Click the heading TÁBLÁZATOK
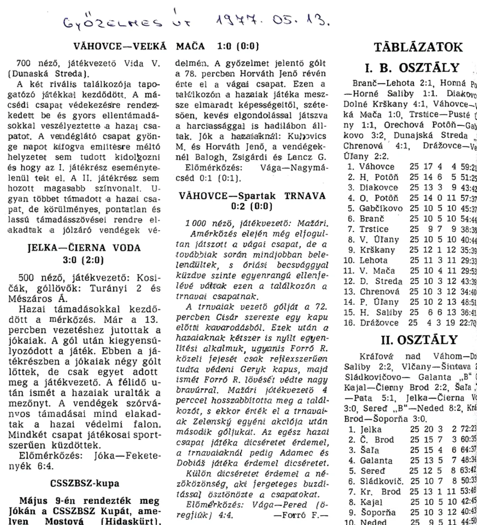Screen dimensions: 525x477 tap(418, 47)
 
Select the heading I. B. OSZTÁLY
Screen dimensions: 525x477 tap(412, 68)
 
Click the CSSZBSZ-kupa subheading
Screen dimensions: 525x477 tap(85, 483)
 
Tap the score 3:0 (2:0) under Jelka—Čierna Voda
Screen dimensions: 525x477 tap(83, 260)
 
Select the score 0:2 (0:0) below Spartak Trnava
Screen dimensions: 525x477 tap(251, 206)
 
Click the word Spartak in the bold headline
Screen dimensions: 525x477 tap(257, 196)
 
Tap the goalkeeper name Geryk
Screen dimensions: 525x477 tap(263, 369)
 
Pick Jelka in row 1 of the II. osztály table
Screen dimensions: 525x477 tap(371, 429)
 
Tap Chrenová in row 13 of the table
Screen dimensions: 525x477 tap(379, 292)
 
